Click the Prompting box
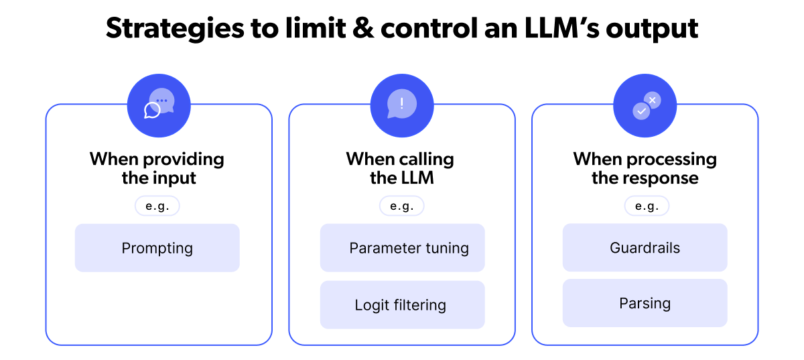click(x=157, y=248)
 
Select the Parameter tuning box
click(x=402, y=248)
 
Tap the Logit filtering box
click(x=402, y=305)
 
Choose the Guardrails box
click(x=645, y=248)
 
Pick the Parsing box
click(x=645, y=303)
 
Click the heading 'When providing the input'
click(x=157, y=168)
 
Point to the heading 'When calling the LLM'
click(x=400, y=168)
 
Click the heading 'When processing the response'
click(x=645, y=168)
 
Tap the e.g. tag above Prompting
click(x=157, y=206)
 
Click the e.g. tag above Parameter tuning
click(x=401, y=206)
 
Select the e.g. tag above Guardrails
click(x=647, y=206)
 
